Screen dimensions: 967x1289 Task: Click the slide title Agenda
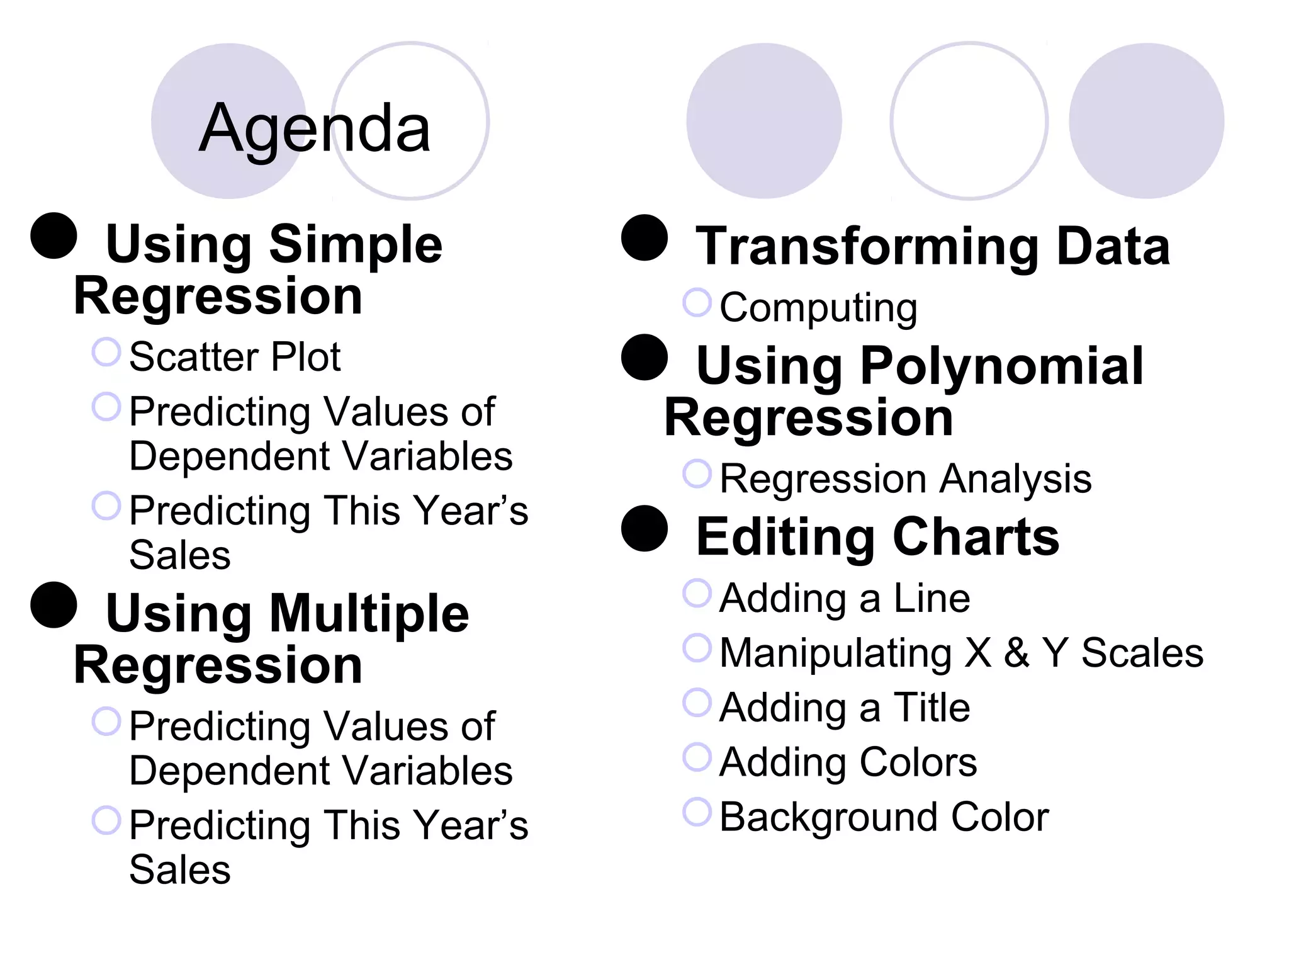point(315,129)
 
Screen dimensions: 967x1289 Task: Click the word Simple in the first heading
point(356,246)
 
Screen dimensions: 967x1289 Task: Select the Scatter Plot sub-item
point(234,357)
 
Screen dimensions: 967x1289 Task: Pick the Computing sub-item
point(818,308)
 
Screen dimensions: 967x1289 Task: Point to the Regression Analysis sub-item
point(905,479)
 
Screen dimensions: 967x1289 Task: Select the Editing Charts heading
point(877,537)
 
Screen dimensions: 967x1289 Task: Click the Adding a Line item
point(845,598)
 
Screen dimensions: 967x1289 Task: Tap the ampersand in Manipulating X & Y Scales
point(1016,653)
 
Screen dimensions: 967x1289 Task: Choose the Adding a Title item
point(845,708)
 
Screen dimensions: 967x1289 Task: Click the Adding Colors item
point(848,762)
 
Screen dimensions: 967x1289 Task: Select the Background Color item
point(884,817)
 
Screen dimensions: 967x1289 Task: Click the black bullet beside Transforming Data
point(644,238)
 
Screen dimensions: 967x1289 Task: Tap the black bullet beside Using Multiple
point(53,605)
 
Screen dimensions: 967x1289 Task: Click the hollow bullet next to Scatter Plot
point(106,352)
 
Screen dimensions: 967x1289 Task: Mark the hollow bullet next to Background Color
point(697,811)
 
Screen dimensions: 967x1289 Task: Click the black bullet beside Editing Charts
point(644,529)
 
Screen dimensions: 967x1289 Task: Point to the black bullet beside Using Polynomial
point(644,357)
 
